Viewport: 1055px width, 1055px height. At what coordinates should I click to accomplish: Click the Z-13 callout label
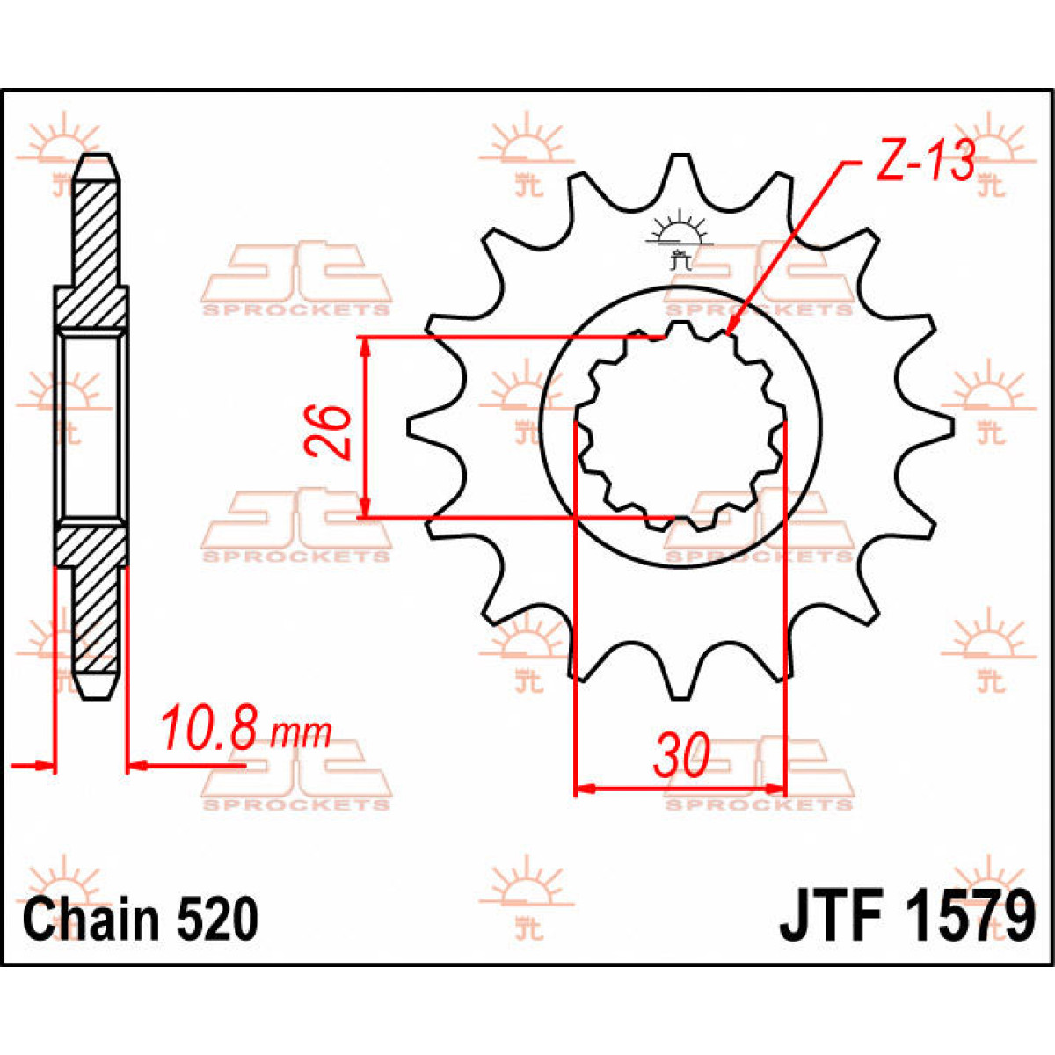(926, 161)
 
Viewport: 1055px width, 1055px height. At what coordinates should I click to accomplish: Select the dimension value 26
(329, 431)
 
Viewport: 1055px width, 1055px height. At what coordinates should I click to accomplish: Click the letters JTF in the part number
(831, 917)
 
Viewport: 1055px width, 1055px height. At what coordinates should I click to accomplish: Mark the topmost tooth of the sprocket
(680, 167)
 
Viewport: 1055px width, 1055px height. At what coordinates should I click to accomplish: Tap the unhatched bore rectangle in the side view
(91, 426)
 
